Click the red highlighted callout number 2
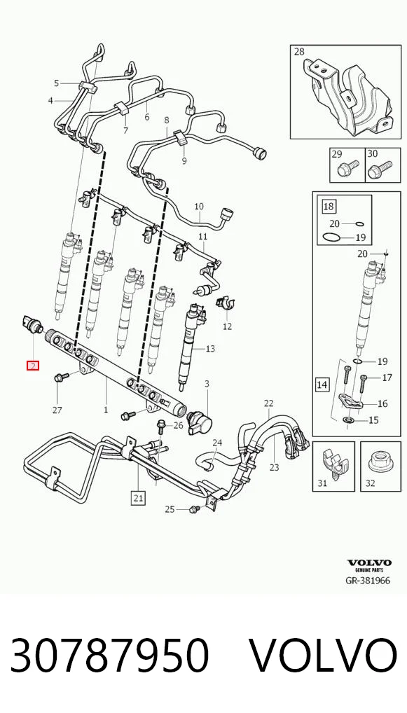point(33,365)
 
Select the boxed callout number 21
point(138,498)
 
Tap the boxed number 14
point(322,385)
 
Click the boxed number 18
point(329,207)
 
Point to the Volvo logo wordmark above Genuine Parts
point(369,563)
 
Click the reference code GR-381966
point(368,580)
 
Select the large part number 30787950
point(109,655)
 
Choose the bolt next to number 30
point(379,169)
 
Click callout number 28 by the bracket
point(299,51)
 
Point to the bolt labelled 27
point(61,377)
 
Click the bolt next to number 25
point(194,508)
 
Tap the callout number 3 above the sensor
point(207,385)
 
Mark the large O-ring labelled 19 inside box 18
point(331,237)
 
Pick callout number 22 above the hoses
point(269,403)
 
